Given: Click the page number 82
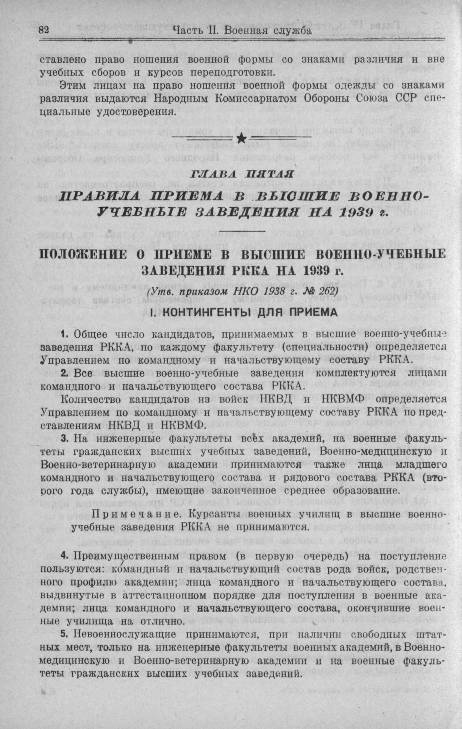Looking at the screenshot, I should click(44, 31).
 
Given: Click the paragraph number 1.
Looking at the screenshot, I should click(63, 334).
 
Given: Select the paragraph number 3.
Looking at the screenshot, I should click(63, 438).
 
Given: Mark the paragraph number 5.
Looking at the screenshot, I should click(63, 634).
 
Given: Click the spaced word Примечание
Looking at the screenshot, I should click(136, 515).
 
